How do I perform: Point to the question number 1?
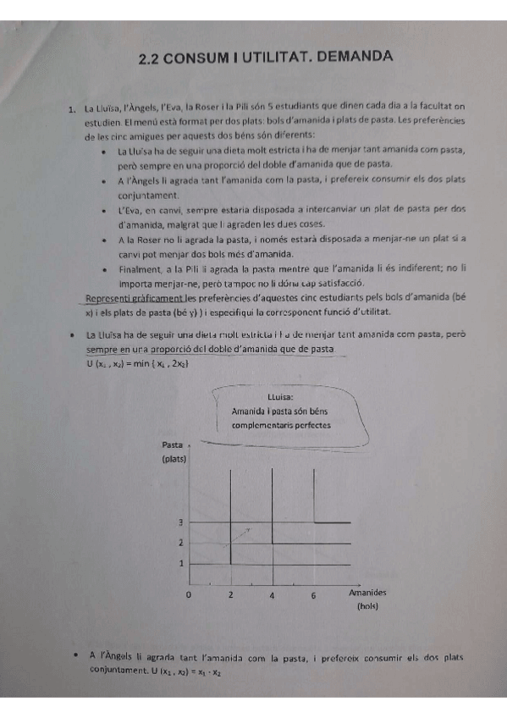coord(73,108)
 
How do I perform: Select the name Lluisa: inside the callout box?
coord(279,395)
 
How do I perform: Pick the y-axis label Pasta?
coord(172,445)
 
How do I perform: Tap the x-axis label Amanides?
coord(367,594)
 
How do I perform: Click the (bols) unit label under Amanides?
coord(367,606)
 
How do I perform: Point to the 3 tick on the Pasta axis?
coord(180,523)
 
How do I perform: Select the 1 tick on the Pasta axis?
coord(180,563)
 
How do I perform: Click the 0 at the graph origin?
coord(189,595)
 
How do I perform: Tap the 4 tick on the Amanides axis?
coord(273,595)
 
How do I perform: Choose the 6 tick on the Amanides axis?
coord(313,595)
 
